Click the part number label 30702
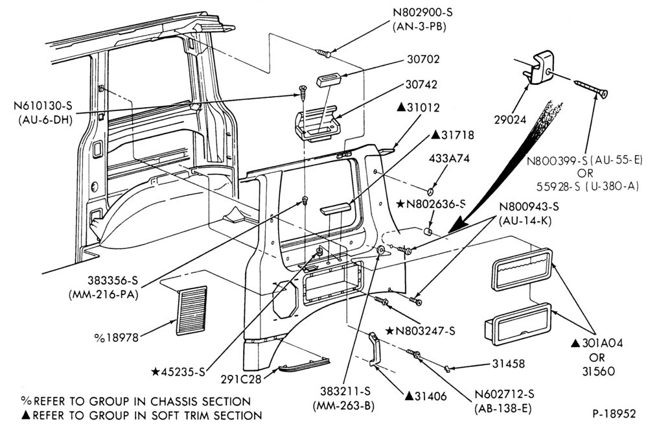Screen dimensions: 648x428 pos(423,60)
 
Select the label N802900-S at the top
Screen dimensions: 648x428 pos(422,12)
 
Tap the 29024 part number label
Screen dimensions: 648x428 pos(511,120)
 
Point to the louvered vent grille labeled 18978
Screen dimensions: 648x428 pos(192,311)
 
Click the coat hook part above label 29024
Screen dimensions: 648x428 pos(537,67)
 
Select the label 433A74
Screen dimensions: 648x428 pos(449,159)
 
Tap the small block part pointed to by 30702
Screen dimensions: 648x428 pos(328,79)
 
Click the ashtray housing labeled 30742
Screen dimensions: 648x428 pos(317,124)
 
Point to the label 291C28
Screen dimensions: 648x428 pos(241,379)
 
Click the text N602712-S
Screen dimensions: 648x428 pos(504,394)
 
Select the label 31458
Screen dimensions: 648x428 pos(508,364)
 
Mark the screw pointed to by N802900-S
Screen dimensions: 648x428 pos(323,53)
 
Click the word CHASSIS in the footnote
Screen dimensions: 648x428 pos(174,401)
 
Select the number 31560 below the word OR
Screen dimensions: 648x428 pos(598,372)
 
